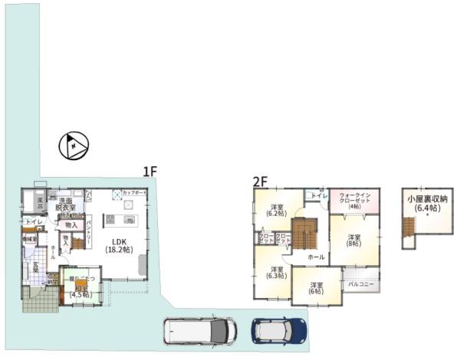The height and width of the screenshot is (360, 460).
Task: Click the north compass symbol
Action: pos(74,146)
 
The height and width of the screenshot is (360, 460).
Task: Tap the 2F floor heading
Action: pos(260,182)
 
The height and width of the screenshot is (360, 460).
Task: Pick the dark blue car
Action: pos(279,331)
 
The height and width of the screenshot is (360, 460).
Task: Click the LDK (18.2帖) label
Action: pos(118,244)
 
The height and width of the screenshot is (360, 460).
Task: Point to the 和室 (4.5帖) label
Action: pos(80,291)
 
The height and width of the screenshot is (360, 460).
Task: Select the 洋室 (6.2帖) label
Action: pos(278,211)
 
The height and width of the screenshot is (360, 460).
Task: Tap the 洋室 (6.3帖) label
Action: pos(277,273)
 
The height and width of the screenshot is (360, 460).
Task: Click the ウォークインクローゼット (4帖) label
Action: pos(353,201)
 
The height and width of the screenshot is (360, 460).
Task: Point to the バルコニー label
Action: pos(360,283)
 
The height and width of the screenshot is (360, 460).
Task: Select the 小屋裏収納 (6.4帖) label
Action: pos(426,203)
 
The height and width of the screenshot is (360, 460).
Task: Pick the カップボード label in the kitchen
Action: pos(135,193)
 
